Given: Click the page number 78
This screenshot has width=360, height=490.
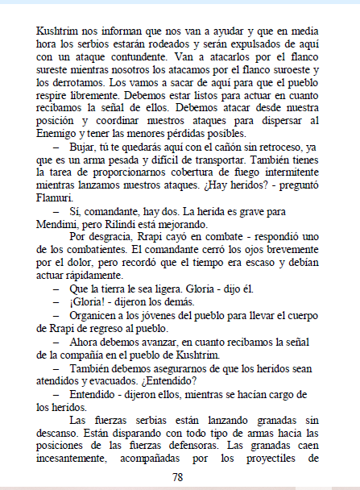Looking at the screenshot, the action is click(x=178, y=476).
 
